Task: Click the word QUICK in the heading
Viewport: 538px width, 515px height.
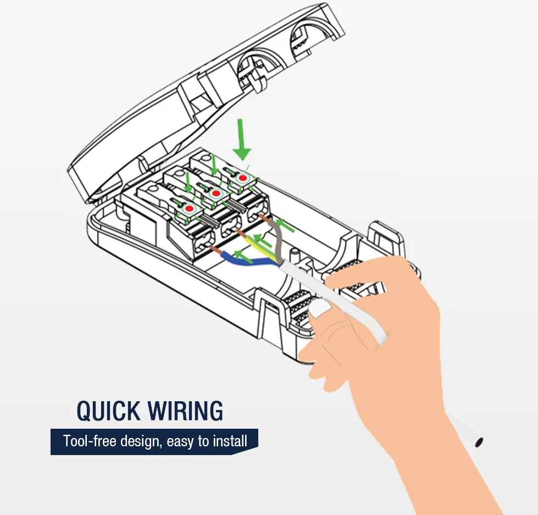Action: tap(108, 411)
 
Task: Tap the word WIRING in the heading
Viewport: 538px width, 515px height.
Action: tap(185, 411)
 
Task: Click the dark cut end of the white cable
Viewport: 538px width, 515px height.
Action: tap(480, 441)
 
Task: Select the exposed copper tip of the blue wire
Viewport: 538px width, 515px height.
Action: tap(217, 252)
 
